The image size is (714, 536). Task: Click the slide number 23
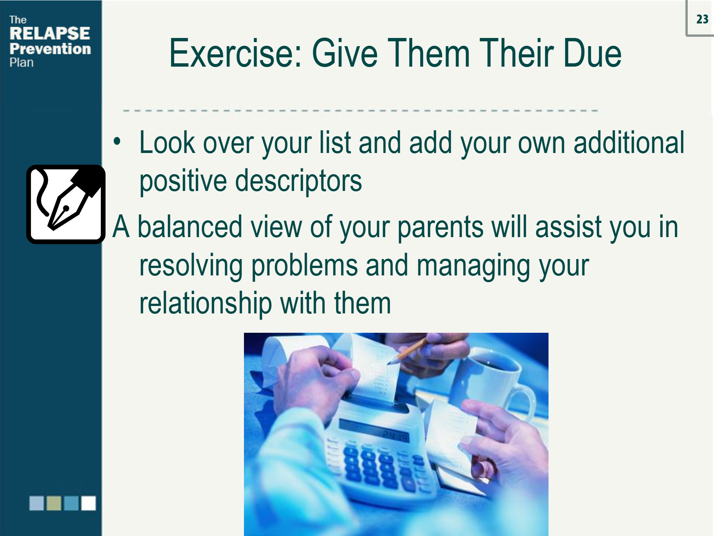(702, 19)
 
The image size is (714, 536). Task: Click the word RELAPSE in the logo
(49, 33)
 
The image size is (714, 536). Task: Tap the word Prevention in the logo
(50, 49)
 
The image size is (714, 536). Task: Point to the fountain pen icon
(66, 204)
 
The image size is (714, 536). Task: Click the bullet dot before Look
(117, 142)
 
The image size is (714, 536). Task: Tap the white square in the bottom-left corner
(89, 503)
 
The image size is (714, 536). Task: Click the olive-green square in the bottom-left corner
(54, 503)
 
